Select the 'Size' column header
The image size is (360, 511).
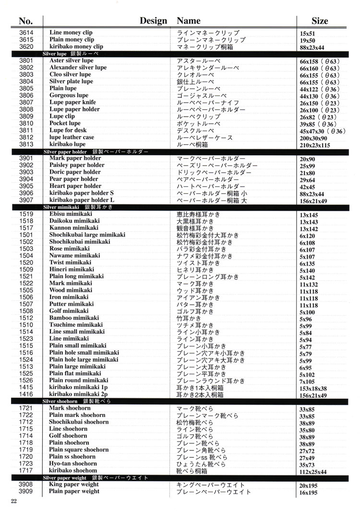pos(320,21)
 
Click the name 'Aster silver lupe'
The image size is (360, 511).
pos(72,61)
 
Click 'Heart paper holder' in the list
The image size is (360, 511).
pos(75,186)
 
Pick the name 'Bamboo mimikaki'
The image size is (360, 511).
pos(74,318)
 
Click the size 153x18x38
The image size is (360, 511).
pos(313,389)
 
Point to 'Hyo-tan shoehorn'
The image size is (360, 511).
pos(73,464)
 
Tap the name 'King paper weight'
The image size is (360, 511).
pos(74,485)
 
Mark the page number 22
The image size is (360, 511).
pos(13,501)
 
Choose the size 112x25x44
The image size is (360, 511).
pos(313,472)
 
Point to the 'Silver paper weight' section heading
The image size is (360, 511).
pos(64,478)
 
